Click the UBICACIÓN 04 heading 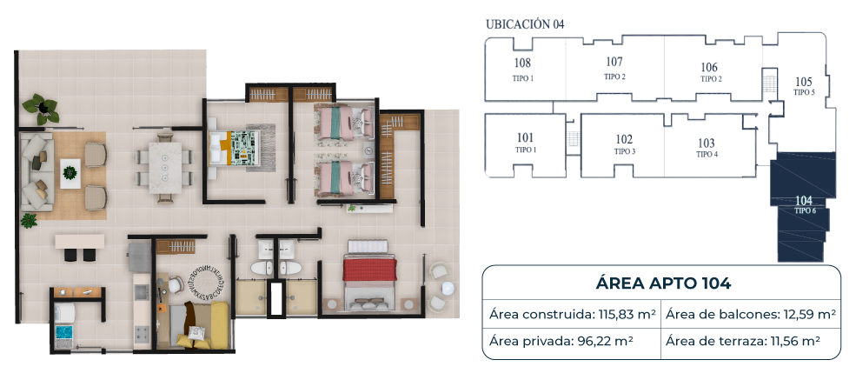coord(525,24)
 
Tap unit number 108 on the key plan coord(522,63)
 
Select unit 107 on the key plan coord(614,61)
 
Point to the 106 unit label coord(708,67)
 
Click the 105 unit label coord(804,82)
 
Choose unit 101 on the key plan coord(524,137)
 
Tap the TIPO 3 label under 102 coord(625,151)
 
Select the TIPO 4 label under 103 coord(707,155)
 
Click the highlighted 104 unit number coord(805,200)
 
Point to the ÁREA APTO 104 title coord(663,283)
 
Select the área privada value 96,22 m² coord(606,341)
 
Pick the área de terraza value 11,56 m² coord(795,341)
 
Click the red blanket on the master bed coord(369,270)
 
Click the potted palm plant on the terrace coord(40,108)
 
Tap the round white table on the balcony coord(447,288)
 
